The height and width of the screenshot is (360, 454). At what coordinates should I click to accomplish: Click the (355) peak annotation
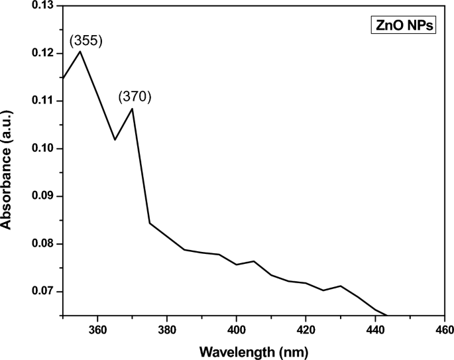point(85,41)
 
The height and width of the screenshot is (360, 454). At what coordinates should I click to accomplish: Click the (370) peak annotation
point(135,97)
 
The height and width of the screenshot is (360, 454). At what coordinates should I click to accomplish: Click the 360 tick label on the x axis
point(97,330)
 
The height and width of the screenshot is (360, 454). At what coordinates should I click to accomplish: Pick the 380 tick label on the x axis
point(167,330)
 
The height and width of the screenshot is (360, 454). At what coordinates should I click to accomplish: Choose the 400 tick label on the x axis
point(237,330)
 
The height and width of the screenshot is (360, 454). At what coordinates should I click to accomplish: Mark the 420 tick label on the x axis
point(306,330)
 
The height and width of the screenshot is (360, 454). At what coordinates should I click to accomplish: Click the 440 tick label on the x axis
point(375,330)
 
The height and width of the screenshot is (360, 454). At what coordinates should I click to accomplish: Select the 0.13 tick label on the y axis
point(43,6)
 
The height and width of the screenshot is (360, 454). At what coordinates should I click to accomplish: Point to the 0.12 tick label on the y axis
point(43,53)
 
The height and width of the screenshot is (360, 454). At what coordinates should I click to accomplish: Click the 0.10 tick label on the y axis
point(43,149)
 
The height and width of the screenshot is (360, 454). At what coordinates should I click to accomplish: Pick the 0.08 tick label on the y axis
point(43,244)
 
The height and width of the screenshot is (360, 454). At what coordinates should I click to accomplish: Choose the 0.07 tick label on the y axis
point(43,292)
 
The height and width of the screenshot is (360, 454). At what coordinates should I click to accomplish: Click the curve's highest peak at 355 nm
point(80,51)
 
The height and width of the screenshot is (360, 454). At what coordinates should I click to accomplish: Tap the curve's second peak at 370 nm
point(133,108)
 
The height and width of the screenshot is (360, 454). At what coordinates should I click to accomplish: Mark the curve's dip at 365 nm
point(115,139)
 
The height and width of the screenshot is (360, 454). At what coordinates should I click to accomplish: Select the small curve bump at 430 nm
point(340,286)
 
